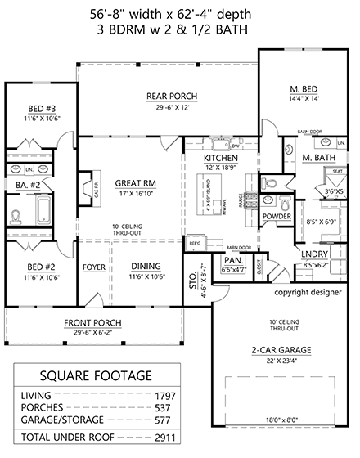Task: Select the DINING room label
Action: tap(146, 267)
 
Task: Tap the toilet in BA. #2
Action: tap(17, 218)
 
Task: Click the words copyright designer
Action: tap(308, 291)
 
